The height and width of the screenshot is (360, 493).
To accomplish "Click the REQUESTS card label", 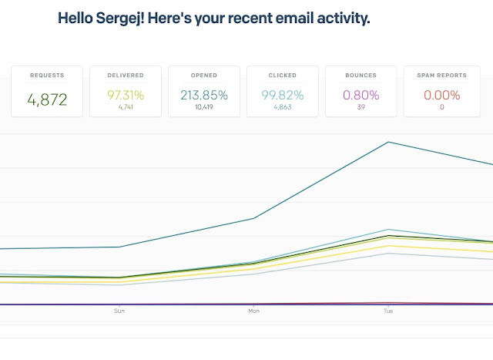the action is [x=47, y=76].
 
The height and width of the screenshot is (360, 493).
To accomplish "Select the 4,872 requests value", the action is [x=47, y=99].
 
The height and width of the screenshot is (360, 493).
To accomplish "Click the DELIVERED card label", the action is [x=126, y=76].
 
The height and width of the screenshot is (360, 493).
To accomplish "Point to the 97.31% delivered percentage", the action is [x=126, y=95].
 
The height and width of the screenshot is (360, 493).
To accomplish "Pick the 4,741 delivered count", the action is [x=126, y=107].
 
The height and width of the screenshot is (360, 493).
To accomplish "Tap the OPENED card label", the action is [x=204, y=76].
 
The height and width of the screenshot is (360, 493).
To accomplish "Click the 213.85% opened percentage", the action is [x=204, y=95].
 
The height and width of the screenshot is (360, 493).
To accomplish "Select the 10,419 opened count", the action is [x=204, y=107].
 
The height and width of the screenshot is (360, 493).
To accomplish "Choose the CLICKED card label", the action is [x=283, y=76].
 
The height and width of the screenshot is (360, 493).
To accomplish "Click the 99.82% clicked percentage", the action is [x=283, y=95].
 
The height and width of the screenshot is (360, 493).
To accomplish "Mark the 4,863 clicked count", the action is [x=283, y=107].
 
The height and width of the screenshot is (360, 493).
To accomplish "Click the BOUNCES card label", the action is [x=361, y=76].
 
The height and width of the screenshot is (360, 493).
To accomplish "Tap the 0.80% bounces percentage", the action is [x=361, y=95].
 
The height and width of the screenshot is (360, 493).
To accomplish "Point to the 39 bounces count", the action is [x=361, y=107].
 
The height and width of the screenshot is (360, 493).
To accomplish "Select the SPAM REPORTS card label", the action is [x=441, y=76].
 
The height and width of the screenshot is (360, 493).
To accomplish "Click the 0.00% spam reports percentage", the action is [x=441, y=95].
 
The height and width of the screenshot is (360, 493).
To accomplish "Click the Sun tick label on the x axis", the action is [x=119, y=311].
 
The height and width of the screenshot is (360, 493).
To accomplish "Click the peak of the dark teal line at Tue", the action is [x=388, y=143].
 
